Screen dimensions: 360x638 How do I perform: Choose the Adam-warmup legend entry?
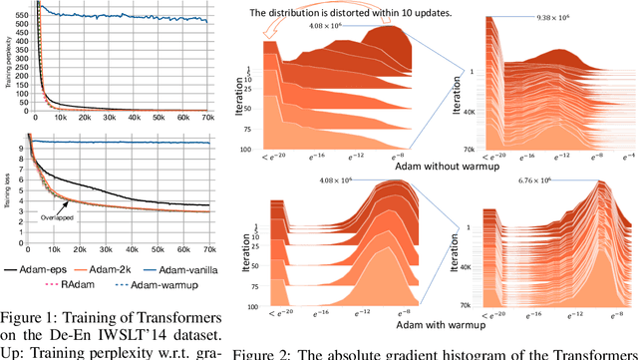click(155, 284)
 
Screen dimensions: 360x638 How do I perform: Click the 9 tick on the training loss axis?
click(25, 147)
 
